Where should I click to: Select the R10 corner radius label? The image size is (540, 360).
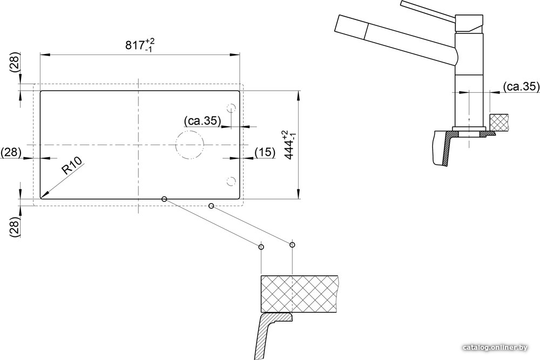(x=72, y=166)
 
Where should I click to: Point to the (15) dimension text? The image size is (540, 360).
(x=265, y=152)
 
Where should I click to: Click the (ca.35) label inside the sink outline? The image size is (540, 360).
(x=202, y=121)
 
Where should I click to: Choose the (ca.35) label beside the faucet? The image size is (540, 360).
(x=521, y=86)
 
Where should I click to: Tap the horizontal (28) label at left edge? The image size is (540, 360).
(x=11, y=152)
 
